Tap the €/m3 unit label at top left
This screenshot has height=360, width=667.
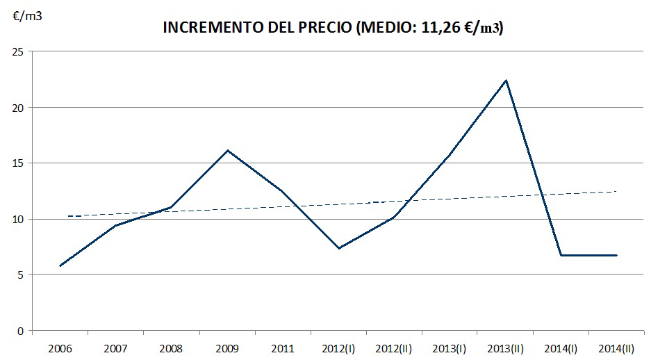(28, 17)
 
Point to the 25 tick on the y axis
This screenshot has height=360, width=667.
(19, 52)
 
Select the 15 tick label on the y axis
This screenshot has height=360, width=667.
(19, 163)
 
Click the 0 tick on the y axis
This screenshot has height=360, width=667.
(22, 330)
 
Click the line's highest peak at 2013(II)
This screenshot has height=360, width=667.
(506, 81)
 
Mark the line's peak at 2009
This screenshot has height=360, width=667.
(228, 150)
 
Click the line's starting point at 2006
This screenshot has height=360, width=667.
(61, 265)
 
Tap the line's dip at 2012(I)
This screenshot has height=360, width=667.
(338, 248)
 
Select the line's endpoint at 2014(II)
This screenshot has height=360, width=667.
(616, 255)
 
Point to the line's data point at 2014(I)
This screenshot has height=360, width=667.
(561, 255)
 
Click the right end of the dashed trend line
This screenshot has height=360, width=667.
(616, 191)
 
